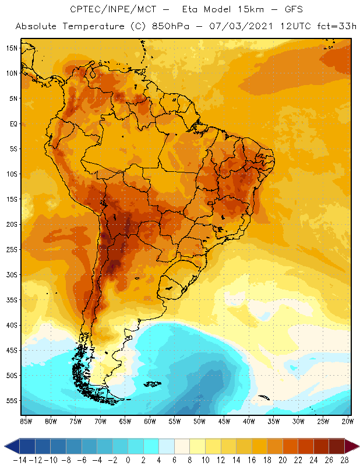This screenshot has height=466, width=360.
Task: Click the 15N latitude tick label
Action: pos(12,48)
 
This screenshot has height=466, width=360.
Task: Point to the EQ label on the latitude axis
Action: pos(12,123)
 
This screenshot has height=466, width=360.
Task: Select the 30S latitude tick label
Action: pos(12,274)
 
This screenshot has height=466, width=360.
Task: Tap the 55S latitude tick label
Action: pos(12,401)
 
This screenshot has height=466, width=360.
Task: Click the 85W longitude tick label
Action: pos(26,421)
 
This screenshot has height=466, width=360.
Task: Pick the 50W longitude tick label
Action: pos(199,421)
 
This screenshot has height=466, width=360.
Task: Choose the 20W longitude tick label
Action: pos(347,421)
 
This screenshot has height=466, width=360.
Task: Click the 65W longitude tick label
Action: pos(125,421)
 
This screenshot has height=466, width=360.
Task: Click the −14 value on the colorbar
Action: pos(20,459)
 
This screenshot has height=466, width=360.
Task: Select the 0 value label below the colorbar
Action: pos(128,459)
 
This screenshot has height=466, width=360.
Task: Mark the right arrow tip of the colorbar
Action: pos(357,446)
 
